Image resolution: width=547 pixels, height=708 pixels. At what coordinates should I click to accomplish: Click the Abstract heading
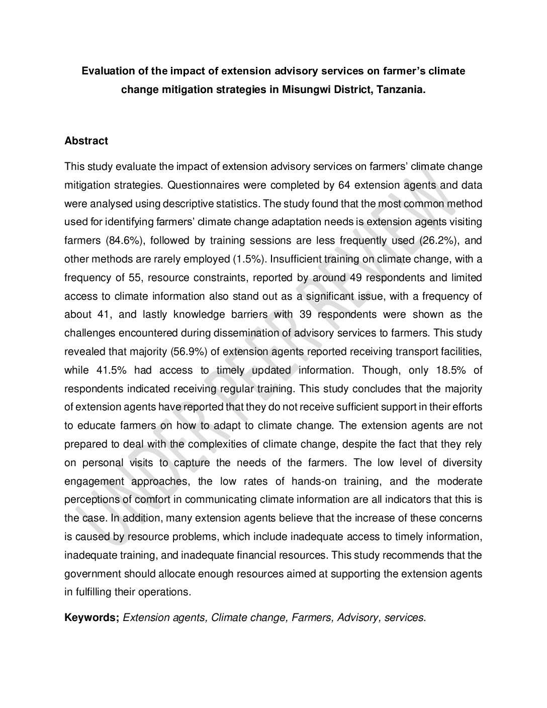click(86, 141)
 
